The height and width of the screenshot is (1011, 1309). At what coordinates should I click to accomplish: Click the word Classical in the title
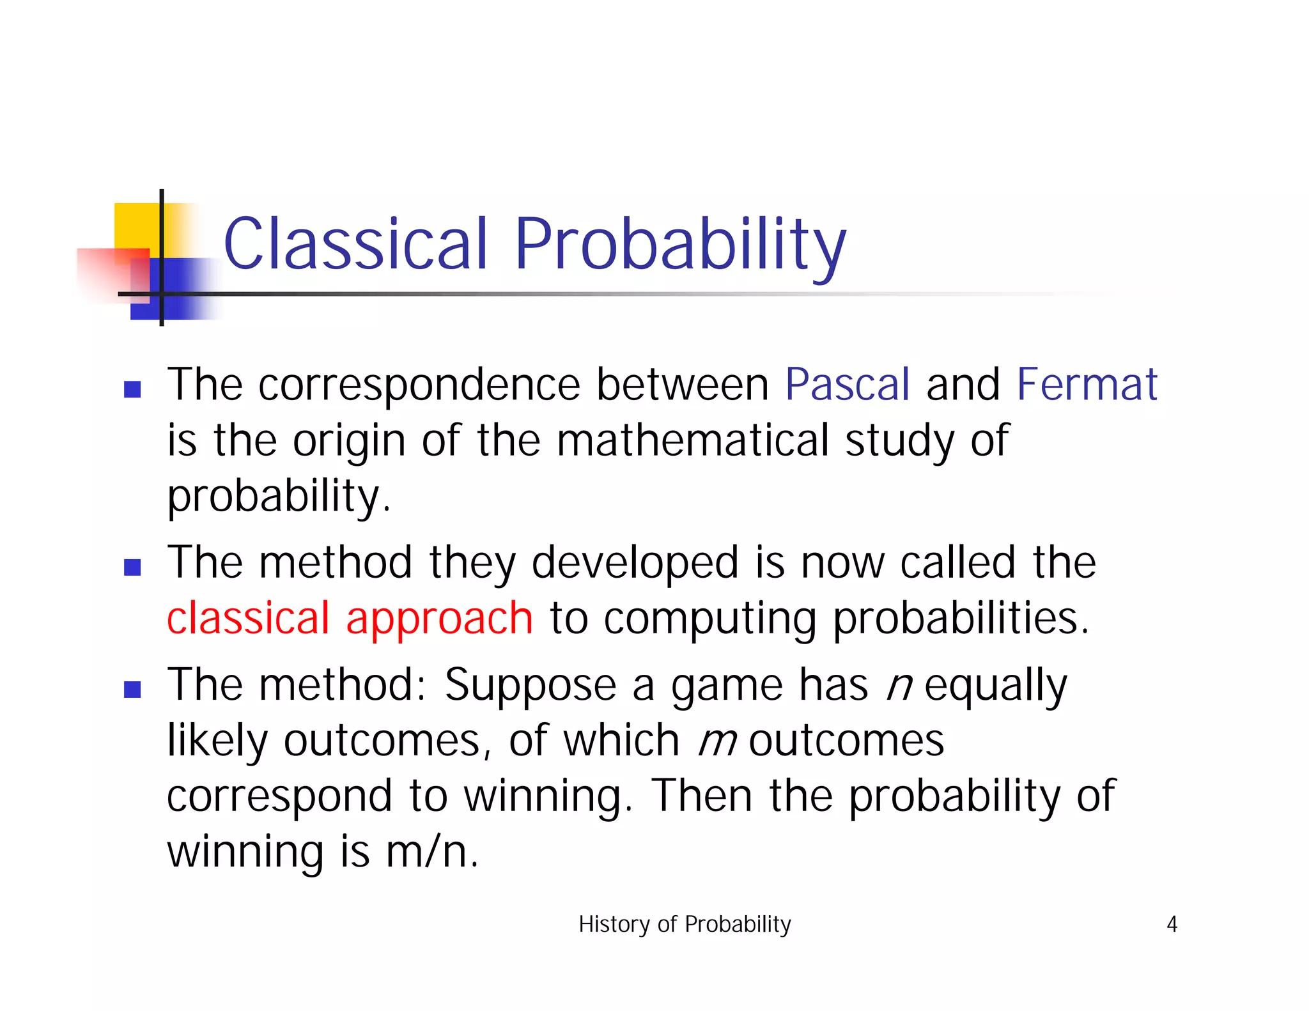coord(355,244)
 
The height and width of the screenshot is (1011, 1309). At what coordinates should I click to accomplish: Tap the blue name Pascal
coord(847,385)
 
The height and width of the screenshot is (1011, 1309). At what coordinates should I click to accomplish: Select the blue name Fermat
coord(1087,385)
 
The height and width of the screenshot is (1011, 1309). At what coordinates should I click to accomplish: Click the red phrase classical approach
coord(349,619)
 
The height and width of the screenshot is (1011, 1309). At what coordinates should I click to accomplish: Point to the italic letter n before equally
coord(899,685)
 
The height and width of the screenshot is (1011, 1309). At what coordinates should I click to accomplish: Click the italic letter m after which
coord(717,741)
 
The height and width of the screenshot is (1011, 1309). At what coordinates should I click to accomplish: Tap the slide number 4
coord(1172,924)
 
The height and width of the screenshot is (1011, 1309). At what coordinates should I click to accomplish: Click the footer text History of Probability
coord(685,924)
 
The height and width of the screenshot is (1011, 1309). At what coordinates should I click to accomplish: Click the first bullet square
coord(132,389)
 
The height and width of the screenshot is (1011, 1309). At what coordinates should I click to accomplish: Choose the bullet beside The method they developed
coord(132,567)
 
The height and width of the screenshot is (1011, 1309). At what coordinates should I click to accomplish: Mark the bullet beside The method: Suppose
coord(132,689)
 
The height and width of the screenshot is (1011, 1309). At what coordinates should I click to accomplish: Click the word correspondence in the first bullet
coord(419,385)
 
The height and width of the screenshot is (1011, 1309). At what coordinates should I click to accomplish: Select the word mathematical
coord(692,440)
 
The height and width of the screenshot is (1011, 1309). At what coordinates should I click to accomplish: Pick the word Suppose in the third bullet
coord(530,685)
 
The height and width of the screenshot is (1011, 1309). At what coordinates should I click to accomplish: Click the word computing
coord(709,619)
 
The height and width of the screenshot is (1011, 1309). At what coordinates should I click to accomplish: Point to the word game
coord(726,685)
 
